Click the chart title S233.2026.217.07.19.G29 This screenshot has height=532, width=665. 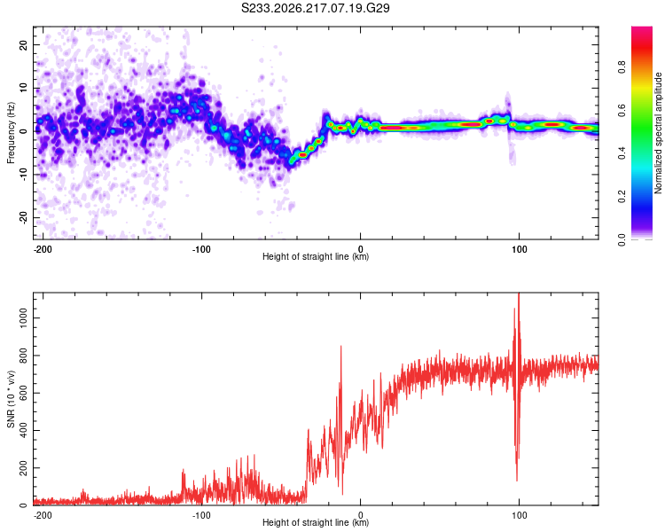(315, 8)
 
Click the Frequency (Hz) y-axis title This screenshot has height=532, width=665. (11, 133)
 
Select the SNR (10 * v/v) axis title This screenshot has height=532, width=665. (11, 399)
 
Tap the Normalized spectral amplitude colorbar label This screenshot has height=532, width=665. (658, 133)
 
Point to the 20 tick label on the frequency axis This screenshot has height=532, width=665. (23, 44)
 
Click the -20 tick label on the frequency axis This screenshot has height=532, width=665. (23, 218)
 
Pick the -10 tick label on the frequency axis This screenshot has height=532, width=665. (23, 175)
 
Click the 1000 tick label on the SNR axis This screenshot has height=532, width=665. (23, 317)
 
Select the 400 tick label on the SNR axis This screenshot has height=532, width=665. (23, 430)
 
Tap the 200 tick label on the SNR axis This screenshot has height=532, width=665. (23, 468)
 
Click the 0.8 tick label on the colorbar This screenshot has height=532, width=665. (622, 66)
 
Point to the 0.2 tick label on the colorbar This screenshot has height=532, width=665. (622, 196)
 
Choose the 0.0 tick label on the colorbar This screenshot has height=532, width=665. (622, 239)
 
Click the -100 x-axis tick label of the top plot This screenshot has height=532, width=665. (201, 249)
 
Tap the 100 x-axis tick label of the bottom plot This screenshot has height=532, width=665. (519, 515)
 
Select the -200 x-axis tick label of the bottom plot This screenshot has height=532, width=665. (43, 515)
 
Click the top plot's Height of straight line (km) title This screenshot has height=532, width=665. (316, 256)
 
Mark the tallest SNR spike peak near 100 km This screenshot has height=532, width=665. (519, 293)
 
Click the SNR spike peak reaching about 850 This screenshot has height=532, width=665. (341, 347)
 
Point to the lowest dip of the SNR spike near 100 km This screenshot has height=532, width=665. (517, 481)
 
